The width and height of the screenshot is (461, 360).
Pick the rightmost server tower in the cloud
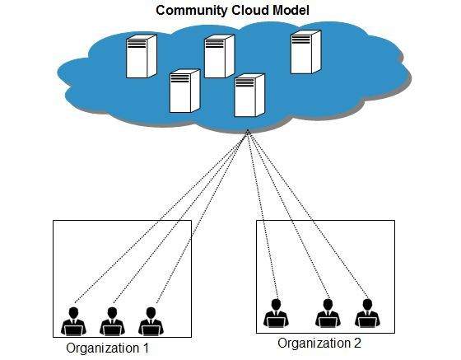[x=305, y=50]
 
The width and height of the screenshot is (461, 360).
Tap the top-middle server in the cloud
[x=219, y=56]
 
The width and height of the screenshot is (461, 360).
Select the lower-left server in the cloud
[x=184, y=91]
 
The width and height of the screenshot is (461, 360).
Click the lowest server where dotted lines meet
[x=249, y=96]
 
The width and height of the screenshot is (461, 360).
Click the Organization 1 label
[x=114, y=348]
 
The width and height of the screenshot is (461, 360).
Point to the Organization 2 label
[x=319, y=343]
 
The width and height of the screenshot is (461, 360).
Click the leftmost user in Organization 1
[x=73, y=320]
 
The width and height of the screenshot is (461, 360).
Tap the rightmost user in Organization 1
[x=149, y=320]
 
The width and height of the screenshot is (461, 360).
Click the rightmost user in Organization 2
[x=366, y=313]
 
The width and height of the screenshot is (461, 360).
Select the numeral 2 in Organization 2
[x=356, y=343]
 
